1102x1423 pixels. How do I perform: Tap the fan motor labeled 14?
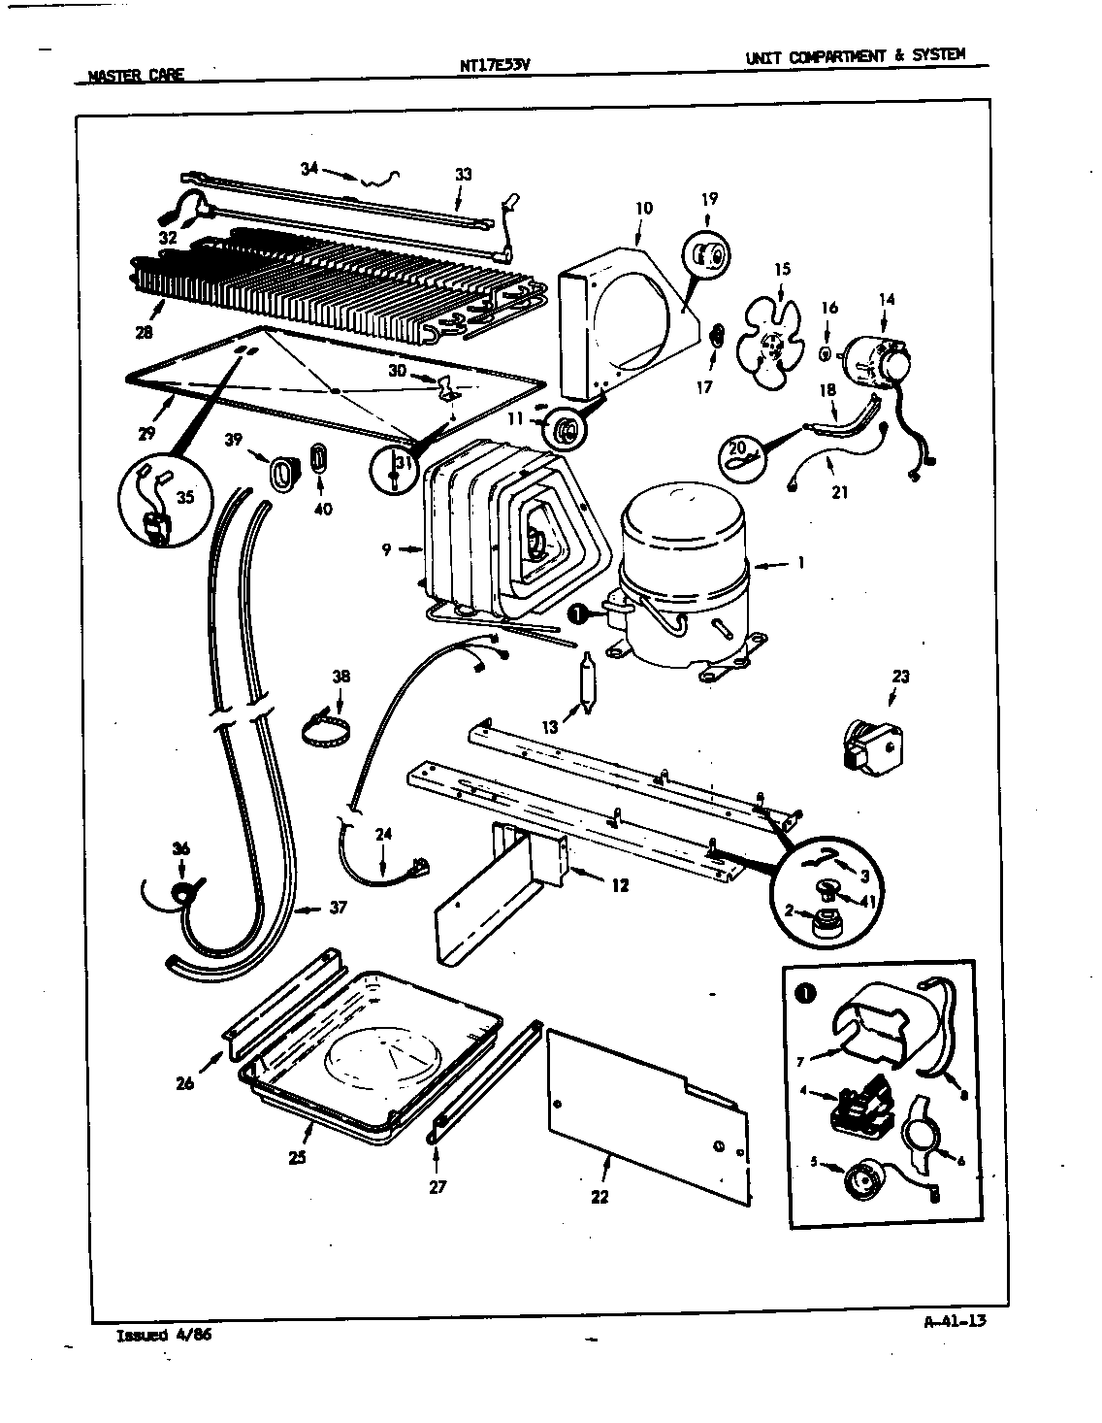click(x=877, y=367)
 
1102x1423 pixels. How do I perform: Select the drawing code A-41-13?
click(x=951, y=1319)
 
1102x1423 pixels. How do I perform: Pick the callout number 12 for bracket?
click(x=620, y=884)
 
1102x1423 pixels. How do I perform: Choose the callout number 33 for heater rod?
click(x=464, y=175)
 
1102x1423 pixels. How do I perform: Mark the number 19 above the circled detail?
click(x=709, y=199)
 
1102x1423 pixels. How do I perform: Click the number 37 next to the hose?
click(x=337, y=908)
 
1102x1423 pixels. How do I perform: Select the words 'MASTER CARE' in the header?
click(x=135, y=75)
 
